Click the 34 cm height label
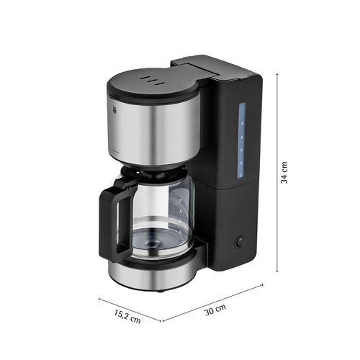click(284, 173)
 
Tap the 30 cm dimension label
click(215, 310)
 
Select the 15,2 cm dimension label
click(127, 316)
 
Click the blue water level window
click(242, 141)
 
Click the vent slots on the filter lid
click(152, 81)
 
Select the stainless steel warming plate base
click(153, 275)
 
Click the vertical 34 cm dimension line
click(278, 173)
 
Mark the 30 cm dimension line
click(213, 302)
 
